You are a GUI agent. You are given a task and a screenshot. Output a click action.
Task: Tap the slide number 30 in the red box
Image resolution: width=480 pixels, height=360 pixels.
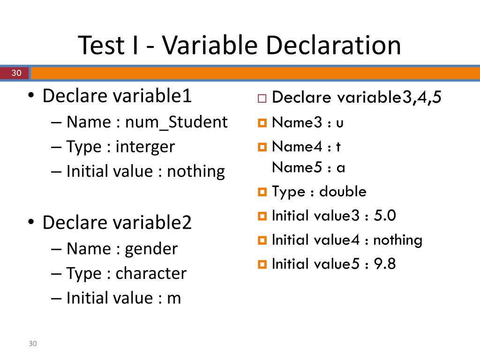pos(16,73)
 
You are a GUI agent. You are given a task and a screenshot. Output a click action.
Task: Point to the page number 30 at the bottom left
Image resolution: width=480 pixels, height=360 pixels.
pos(32,344)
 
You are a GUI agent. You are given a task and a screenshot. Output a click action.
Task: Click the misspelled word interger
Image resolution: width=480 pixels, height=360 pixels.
pos(145,147)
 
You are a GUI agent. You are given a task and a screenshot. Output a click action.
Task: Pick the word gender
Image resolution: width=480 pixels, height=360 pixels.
pos(151,248)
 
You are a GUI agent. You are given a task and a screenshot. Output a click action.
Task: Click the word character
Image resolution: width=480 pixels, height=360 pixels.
pos(151,273)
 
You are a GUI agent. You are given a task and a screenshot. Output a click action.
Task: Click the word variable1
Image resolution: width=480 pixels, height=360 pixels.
pos(152,96)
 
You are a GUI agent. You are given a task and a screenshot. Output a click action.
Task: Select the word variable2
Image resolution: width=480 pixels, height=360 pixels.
pos(152,223)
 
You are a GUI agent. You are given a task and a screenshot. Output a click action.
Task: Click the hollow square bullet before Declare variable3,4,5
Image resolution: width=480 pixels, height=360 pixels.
pos(261,99)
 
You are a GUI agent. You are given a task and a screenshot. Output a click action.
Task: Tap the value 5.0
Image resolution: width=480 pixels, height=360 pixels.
pos(385,216)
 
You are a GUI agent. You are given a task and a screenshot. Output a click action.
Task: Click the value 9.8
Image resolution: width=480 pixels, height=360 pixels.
pos(385,264)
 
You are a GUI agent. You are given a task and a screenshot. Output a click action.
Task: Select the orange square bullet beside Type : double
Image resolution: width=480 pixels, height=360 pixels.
pos(262,192)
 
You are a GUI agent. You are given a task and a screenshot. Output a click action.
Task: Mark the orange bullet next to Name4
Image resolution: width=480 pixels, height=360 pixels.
pos(262,147)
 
